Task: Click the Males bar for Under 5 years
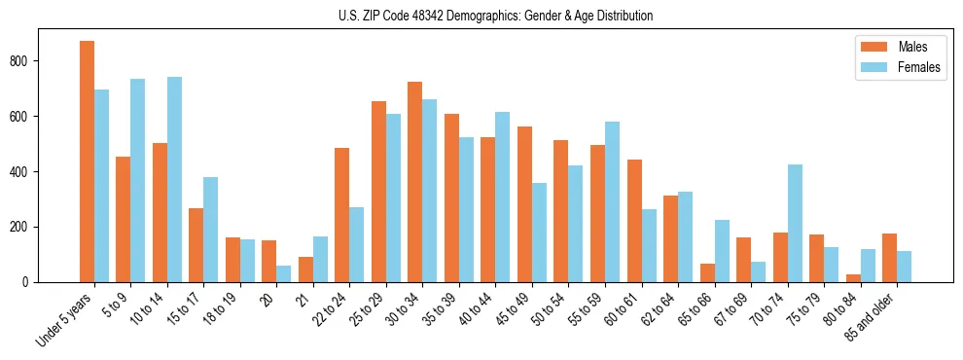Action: [x=87, y=162]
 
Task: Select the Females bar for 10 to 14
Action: [x=174, y=179]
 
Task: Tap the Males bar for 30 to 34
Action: [x=415, y=182]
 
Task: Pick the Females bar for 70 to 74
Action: [x=795, y=223]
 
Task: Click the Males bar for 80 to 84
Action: [x=853, y=278]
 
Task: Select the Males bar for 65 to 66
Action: [x=707, y=272]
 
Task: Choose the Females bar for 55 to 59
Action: [x=612, y=201]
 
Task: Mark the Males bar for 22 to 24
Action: [x=342, y=215]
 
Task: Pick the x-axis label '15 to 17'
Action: [x=194, y=307]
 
